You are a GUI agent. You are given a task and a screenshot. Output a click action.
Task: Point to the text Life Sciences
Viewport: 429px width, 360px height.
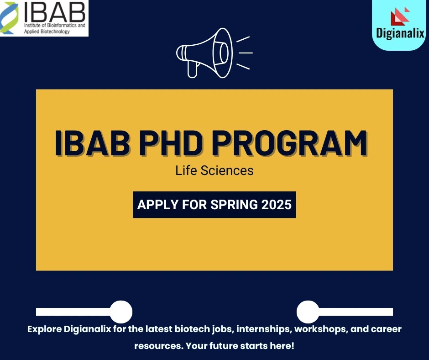point(214,171)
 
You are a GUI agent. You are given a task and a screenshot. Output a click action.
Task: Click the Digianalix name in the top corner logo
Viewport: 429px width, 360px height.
point(401,34)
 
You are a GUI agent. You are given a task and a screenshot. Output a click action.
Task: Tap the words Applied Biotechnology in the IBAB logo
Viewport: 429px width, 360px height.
point(45,32)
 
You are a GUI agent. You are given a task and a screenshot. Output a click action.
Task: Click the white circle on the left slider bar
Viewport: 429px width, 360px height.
point(121,312)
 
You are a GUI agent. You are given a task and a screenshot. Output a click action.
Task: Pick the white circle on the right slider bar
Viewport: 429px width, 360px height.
point(308,312)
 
